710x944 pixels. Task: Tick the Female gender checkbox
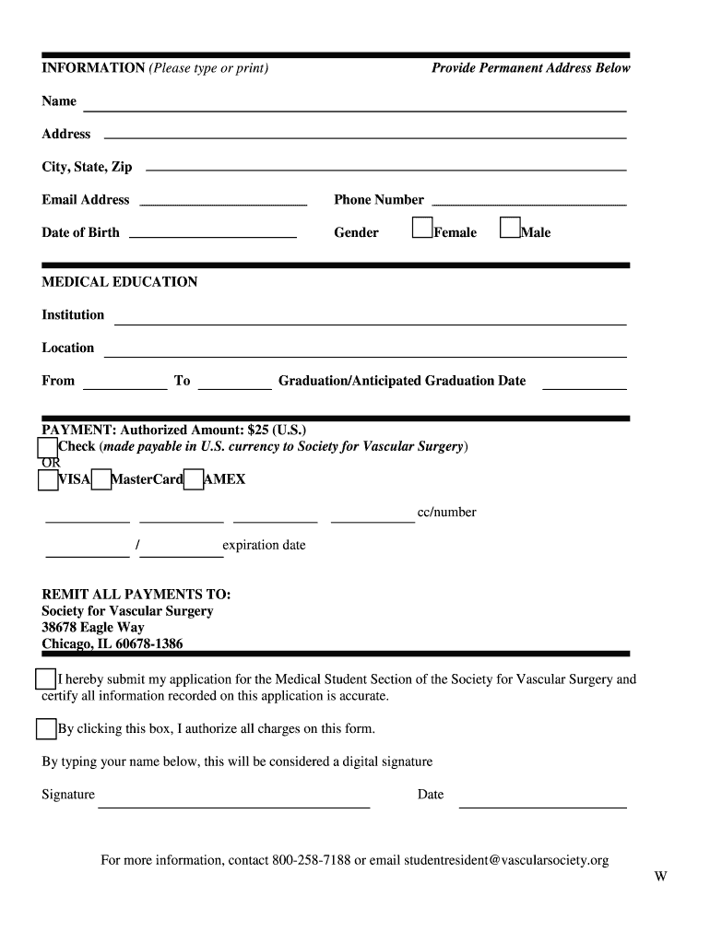pyautogui.click(x=422, y=227)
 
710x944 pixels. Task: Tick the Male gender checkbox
pyautogui.click(x=509, y=227)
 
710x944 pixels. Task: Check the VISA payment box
pyautogui.click(x=48, y=480)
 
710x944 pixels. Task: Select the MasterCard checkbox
pyautogui.click(x=101, y=480)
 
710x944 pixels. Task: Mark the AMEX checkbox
pyautogui.click(x=193, y=480)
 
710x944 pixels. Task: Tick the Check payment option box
pyautogui.click(x=48, y=447)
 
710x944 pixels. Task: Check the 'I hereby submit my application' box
pyautogui.click(x=45, y=680)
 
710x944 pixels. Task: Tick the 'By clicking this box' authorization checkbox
pyautogui.click(x=46, y=729)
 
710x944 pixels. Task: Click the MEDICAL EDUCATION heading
pyautogui.click(x=120, y=282)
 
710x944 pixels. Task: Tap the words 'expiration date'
pyautogui.click(x=264, y=545)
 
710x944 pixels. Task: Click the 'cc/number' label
pyautogui.click(x=447, y=513)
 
